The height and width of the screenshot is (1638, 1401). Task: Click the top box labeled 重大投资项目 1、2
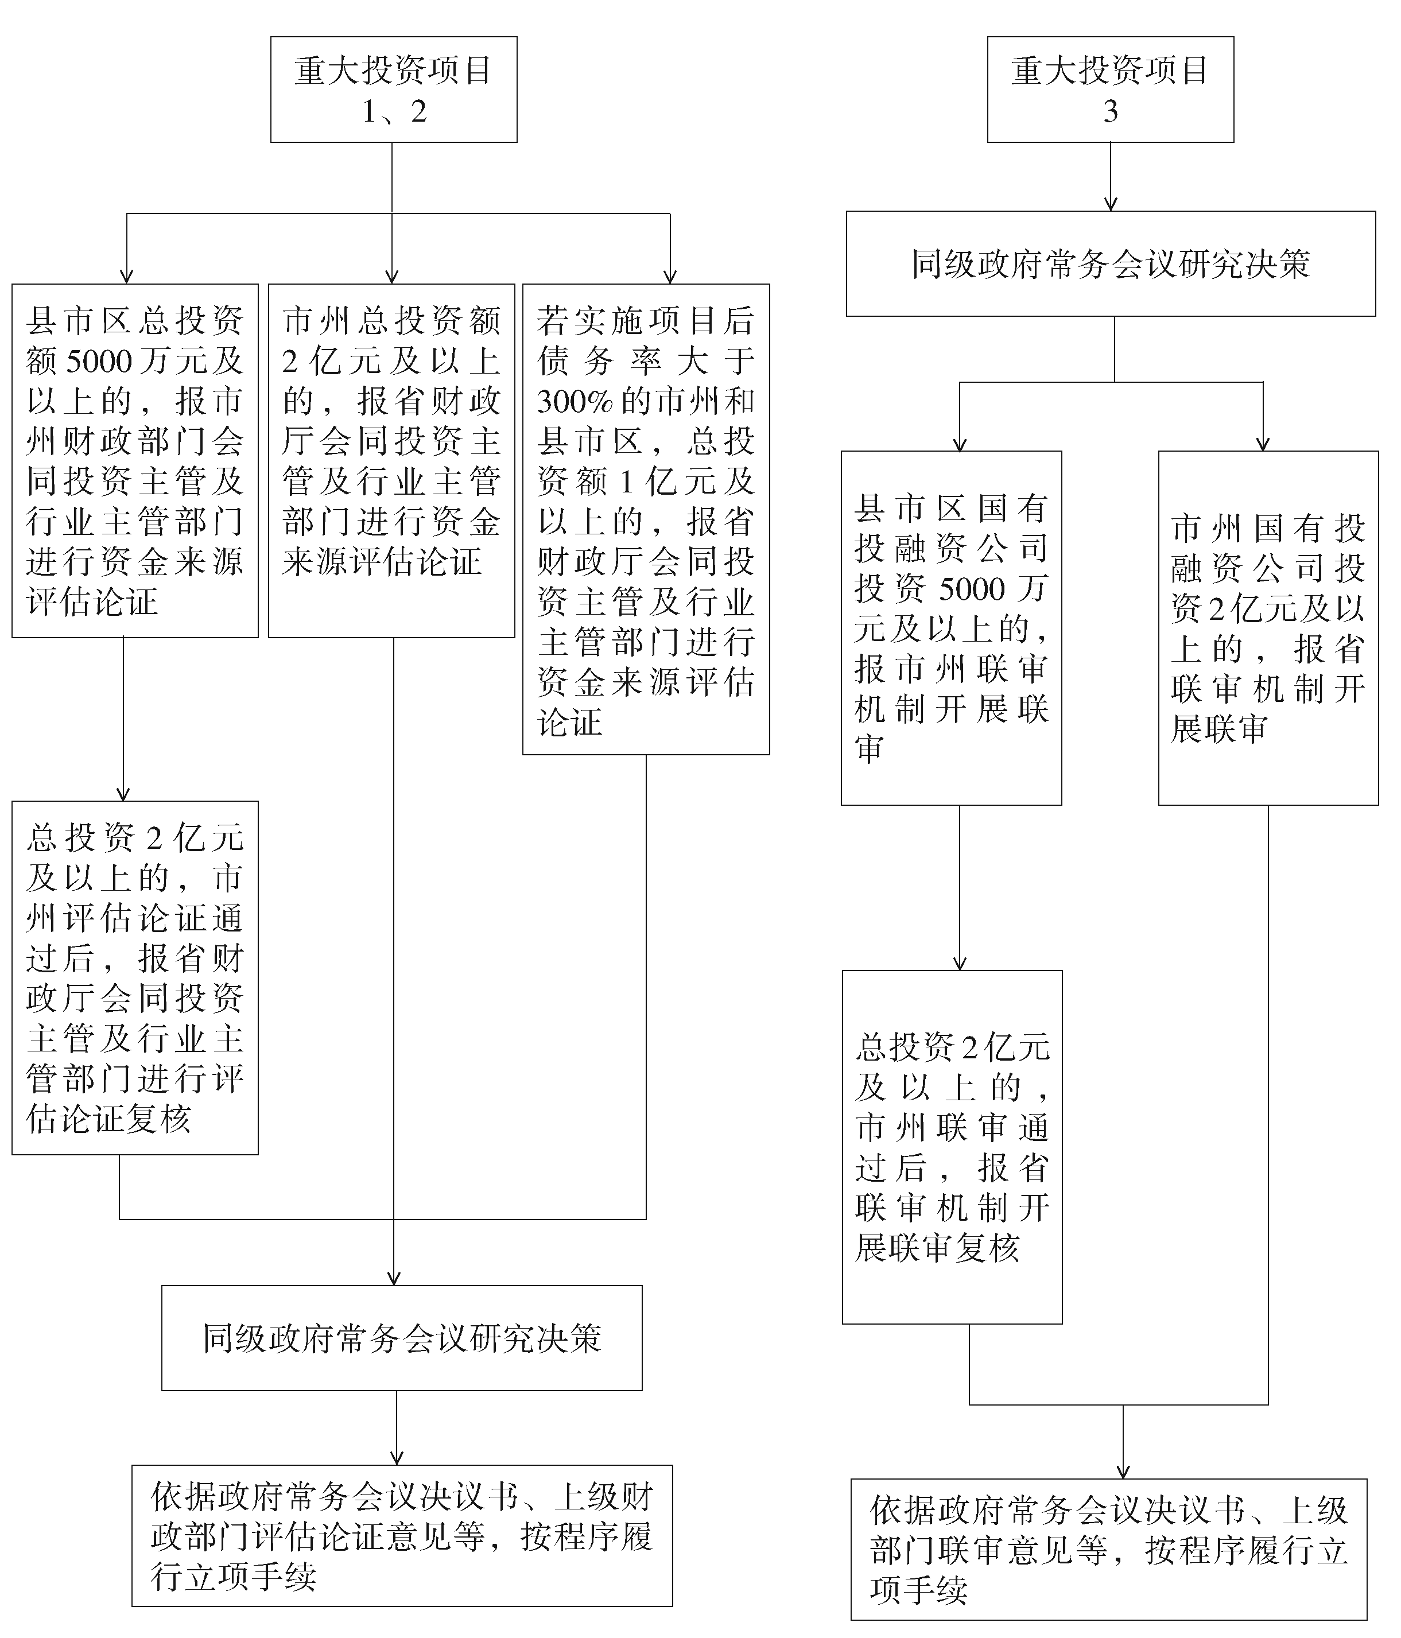coord(394,90)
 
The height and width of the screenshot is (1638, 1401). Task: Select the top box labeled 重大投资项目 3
coord(1110,90)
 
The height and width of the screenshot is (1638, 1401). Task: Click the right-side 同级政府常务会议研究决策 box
coord(1110,264)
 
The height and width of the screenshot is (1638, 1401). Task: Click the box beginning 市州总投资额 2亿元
coord(391,460)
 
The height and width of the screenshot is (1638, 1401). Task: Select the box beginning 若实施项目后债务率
coord(646,519)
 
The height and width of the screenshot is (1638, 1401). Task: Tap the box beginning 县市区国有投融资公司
coord(951,628)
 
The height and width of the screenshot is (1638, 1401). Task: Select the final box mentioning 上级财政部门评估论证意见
coord(402,1536)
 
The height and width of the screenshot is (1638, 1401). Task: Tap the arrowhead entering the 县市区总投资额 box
coord(126,277)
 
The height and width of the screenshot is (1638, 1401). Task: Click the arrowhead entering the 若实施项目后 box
coord(670,277)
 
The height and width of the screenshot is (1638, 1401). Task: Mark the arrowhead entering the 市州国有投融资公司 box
coord(1263,444)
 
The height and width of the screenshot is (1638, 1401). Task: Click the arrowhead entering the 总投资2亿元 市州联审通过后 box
coord(960,964)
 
